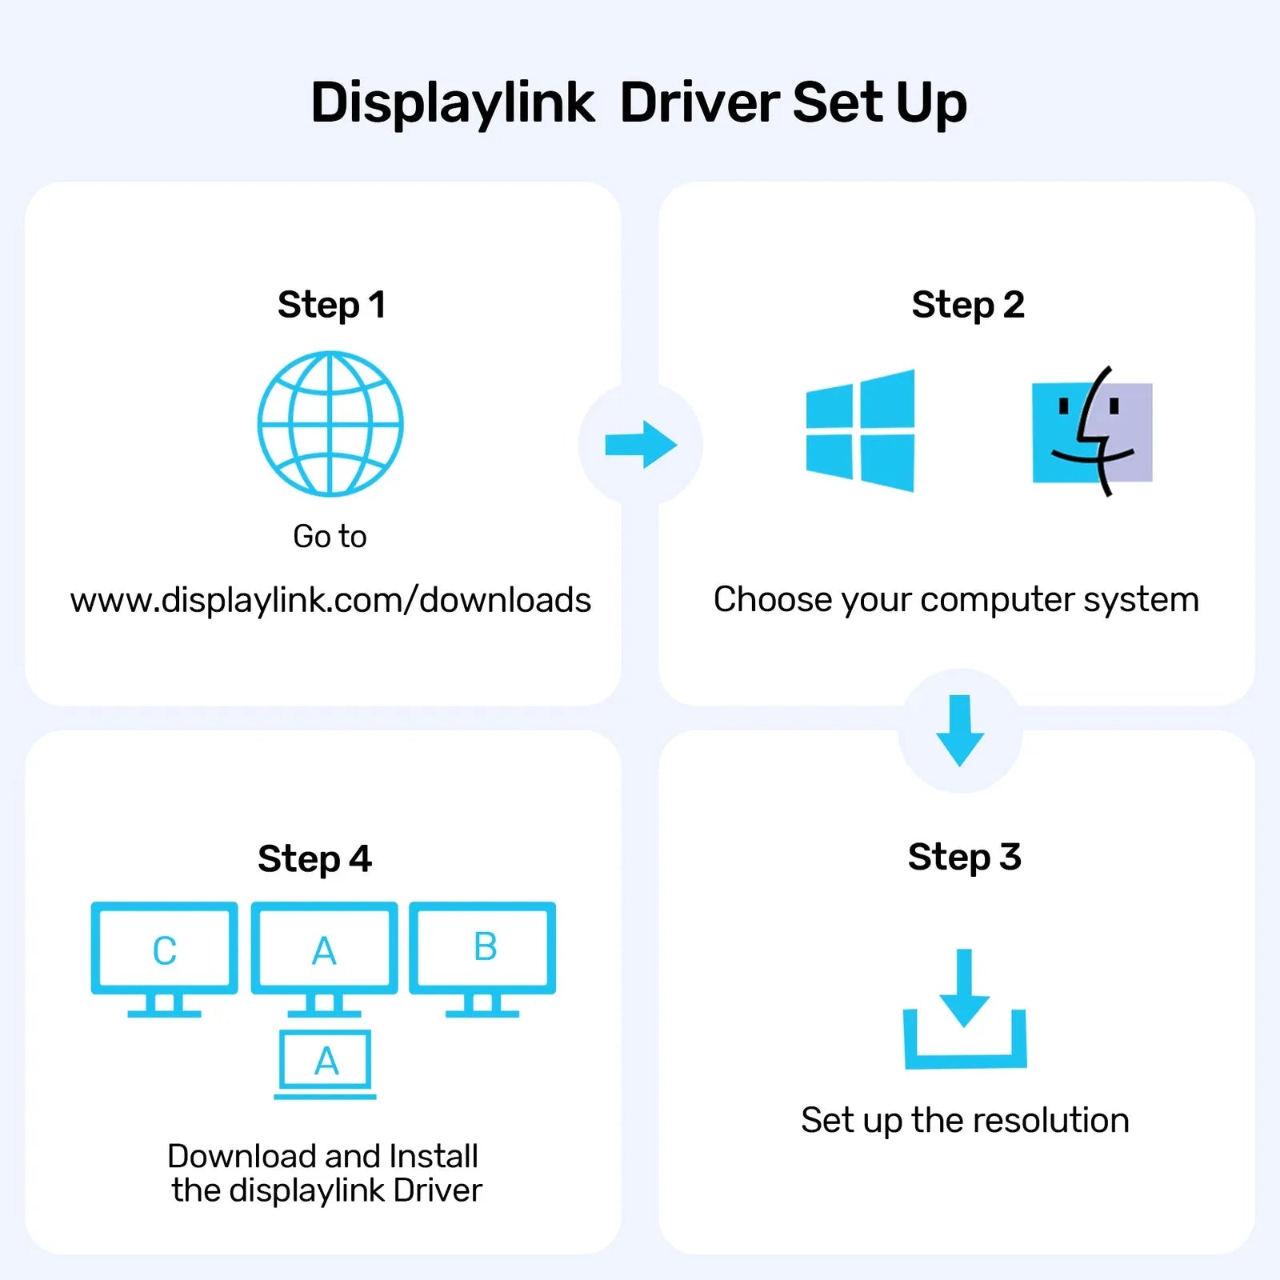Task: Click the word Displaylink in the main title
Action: click(x=452, y=104)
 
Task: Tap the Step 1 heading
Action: click(x=331, y=305)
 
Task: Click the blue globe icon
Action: click(x=330, y=424)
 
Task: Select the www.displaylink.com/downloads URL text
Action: click(x=330, y=600)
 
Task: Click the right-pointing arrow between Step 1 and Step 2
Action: click(x=641, y=445)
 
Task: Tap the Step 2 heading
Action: click(x=967, y=305)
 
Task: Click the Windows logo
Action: click(x=860, y=430)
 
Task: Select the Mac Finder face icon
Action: click(x=1092, y=432)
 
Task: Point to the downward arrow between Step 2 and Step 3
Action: click(x=960, y=730)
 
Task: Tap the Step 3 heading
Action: click(x=964, y=857)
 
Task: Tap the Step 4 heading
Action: click(x=314, y=859)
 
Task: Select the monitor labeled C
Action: click(x=164, y=950)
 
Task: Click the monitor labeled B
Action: click(x=482, y=949)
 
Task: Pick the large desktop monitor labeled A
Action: click(x=324, y=950)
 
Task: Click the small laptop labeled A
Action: click(x=326, y=1062)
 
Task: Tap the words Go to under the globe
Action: click(x=330, y=536)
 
